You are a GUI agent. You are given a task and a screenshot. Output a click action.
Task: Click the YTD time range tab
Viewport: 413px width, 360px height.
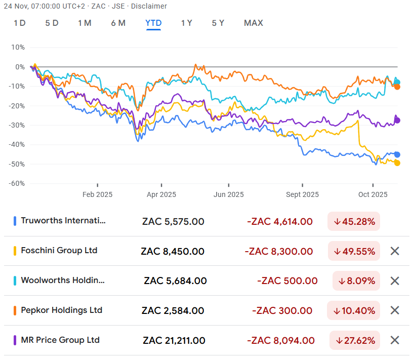tap(153, 23)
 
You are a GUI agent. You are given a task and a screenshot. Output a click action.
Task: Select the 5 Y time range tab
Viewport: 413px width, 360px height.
tap(218, 23)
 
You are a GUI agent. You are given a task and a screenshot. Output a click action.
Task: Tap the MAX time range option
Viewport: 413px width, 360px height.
tap(253, 23)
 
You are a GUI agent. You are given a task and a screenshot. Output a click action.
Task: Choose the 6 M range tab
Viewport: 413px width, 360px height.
tap(118, 23)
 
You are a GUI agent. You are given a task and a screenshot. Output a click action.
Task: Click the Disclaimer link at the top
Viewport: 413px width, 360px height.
tap(150, 6)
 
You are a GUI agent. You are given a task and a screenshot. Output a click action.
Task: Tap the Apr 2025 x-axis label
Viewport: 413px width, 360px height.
tap(161, 194)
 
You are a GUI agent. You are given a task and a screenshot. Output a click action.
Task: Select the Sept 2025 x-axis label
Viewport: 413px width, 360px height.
tap(302, 194)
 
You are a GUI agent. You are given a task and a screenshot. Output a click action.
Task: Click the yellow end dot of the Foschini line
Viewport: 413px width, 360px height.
tap(397, 163)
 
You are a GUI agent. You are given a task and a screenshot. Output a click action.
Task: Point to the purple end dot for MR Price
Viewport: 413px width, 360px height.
tap(397, 120)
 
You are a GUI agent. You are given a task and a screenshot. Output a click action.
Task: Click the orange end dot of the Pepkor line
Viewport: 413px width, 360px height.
tap(397, 87)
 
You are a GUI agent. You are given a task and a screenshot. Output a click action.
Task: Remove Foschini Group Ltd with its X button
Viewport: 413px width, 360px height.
tap(395, 251)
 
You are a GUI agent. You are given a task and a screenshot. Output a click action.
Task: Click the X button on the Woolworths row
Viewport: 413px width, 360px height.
tap(395, 281)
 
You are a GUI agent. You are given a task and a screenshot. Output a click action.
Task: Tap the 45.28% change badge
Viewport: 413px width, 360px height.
tap(354, 221)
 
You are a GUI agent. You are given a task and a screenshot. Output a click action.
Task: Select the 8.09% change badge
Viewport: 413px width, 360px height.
tap(356, 281)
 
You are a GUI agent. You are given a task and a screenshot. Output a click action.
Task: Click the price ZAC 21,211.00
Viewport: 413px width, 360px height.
tap(174, 340)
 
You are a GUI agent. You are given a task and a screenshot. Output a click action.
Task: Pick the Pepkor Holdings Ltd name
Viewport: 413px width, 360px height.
tap(61, 310)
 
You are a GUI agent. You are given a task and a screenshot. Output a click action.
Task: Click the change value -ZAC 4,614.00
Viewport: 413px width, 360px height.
tap(279, 221)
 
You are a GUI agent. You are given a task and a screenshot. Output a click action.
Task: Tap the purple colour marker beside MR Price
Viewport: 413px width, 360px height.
tap(15, 340)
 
